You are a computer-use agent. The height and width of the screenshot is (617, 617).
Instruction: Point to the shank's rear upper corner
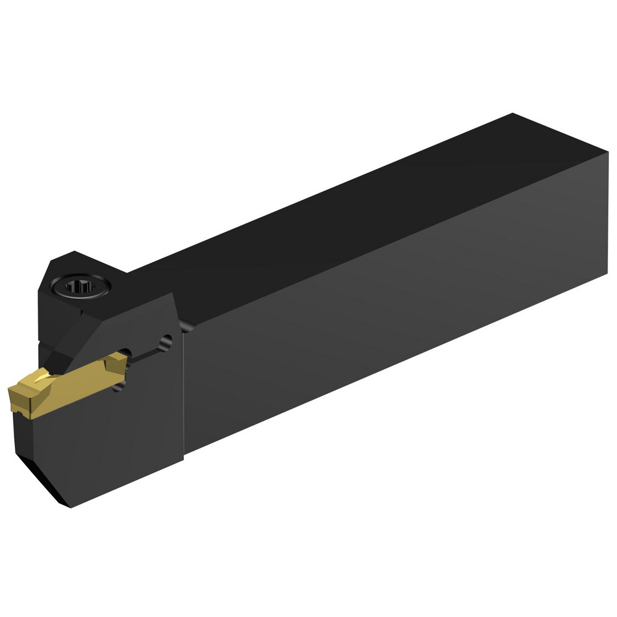click(512, 115)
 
